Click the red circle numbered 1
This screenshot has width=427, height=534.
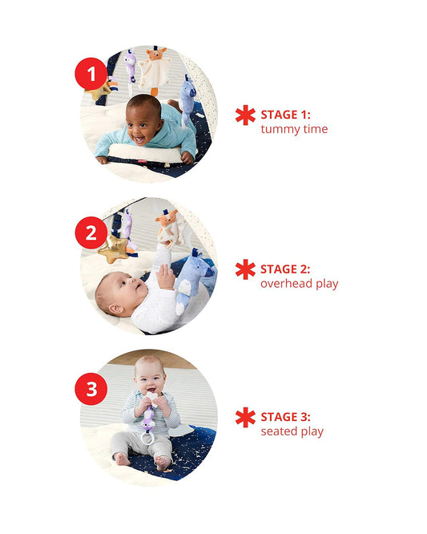pyautogui.click(x=91, y=74)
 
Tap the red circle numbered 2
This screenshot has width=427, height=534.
pyautogui.click(x=91, y=233)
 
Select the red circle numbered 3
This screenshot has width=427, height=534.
pyautogui.click(x=91, y=389)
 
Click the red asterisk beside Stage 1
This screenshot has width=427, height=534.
pyautogui.click(x=245, y=115)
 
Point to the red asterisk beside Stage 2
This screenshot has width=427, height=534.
pyautogui.click(x=245, y=269)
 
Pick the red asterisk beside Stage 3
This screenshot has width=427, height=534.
pyautogui.click(x=245, y=417)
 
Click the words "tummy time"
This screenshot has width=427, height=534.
pyautogui.click(x=294, y=129)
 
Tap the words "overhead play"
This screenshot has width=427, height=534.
pyautogui.click(x=300, y=283)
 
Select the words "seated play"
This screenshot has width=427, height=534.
pyautogui.click(x=292, y=431)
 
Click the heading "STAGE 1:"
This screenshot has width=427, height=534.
pyautogui.click(x=285, y=115)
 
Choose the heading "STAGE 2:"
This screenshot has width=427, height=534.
pyautogui.click(x=285, y=269)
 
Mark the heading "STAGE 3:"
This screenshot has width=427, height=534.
pyautogui.click(x=285, y=417)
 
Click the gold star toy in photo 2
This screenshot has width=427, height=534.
pyautogui.click(x=114, y=249)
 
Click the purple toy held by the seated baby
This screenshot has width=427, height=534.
pyautogui.click(x=148, y=419)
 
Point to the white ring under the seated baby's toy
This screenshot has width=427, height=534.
pyautogui.click(x=147, y=439)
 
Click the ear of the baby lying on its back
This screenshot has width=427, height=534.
pyautogui.click(x=116, y=309)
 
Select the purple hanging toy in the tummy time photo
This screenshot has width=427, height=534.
pyautogui.click(x=131, y=66)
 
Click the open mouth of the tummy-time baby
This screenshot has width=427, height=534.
pyautogui.click(x=139, y=140)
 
